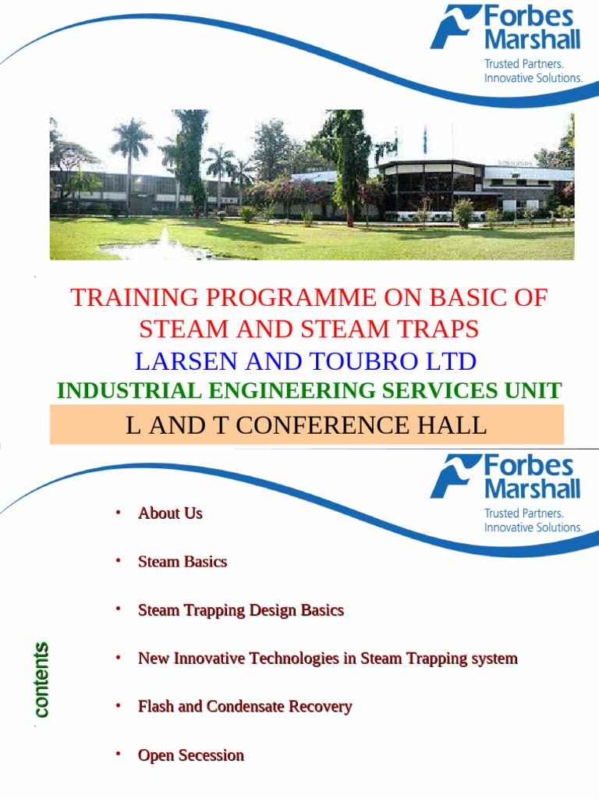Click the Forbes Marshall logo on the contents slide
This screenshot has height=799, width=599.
505,477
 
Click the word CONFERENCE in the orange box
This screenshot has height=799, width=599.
322,426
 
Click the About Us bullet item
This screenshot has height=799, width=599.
170,513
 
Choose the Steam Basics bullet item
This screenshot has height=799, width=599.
183,562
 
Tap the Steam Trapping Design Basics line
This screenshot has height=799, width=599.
240,610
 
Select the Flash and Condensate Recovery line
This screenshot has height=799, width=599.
245,707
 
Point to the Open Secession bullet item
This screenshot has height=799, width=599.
191,755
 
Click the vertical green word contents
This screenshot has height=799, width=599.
41,679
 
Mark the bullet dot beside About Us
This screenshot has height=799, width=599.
119,512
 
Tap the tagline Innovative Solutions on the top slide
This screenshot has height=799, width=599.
533,78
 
